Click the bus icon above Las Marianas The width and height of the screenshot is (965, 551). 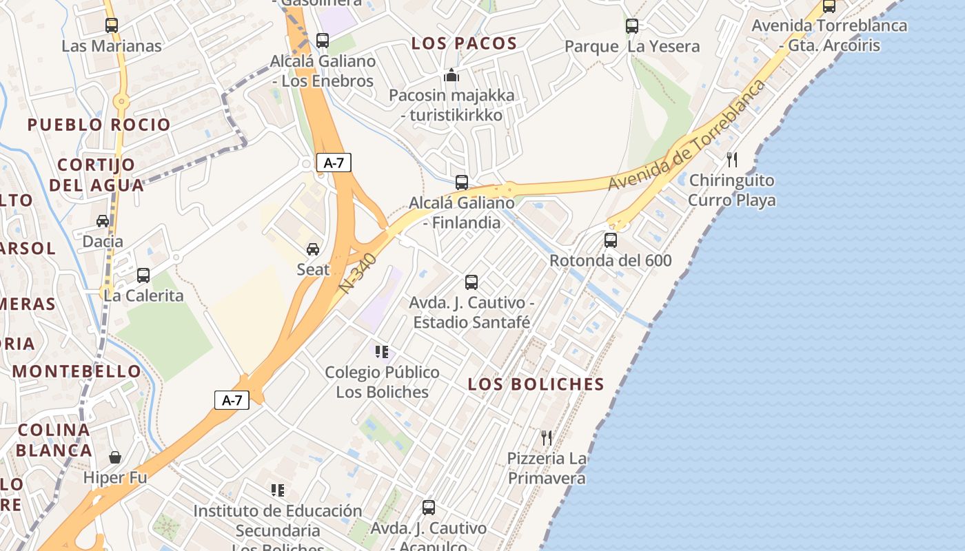(112, 25)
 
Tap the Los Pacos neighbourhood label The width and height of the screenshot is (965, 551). (464, 43)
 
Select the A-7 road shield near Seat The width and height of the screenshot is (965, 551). (334, 163)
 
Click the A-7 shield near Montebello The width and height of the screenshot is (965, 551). (232, 400)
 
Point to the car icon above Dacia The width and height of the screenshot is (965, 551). (103, 221)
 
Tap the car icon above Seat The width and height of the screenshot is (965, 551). (313, 249)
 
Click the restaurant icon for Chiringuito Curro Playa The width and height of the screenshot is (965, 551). (732, 160)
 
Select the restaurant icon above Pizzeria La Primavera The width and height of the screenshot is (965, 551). (547, 437)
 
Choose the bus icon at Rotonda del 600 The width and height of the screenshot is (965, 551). (611, 240)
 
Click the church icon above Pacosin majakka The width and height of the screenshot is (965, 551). (451, 75)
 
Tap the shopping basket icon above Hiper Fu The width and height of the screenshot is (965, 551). (115, 457)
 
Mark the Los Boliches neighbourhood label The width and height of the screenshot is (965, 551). (536, 384)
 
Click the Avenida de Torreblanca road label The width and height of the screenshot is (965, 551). (687, 136)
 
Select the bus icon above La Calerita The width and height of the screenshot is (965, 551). (143, 275)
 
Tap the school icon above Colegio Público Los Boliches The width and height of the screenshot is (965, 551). (382, 352)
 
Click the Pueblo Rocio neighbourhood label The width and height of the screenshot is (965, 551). (99, 125)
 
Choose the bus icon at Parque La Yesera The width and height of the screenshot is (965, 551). (632, 26)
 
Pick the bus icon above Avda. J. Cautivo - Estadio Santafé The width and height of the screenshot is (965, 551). (471, 282)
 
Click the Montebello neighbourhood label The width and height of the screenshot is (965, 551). (77, 371)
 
